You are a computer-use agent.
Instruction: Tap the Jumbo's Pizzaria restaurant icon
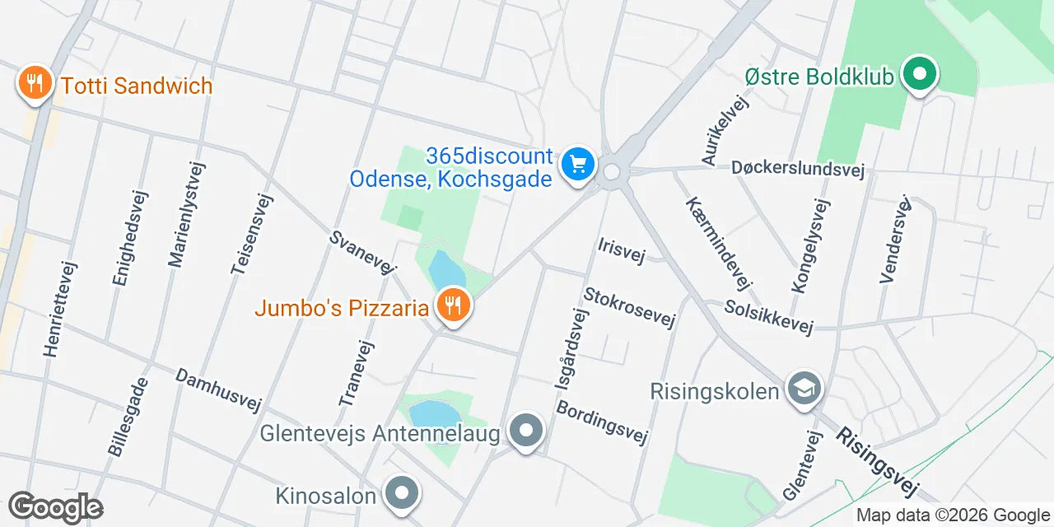tap(452, 306)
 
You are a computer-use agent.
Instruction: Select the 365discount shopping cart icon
tap(578, 164)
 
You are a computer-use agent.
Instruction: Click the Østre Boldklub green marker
tap(920, 76)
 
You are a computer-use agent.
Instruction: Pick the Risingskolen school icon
tap(802, 389)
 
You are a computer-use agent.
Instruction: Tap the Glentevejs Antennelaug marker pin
tap(525, 431)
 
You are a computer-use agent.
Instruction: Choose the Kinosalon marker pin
tap(402, 494)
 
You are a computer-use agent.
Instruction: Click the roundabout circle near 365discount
tap(611, 171)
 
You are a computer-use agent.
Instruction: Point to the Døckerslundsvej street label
tap(797, 169)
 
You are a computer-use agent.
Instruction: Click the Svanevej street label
tap(363, 251)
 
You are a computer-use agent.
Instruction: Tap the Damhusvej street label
tap(218, 389)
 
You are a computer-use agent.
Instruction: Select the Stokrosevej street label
tap(629, 308)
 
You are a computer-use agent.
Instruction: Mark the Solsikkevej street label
tap(768, 317)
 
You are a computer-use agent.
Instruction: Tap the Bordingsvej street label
tap(601, 422)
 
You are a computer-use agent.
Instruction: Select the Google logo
tap(55, 507)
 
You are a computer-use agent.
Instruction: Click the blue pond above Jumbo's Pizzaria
tap(446, 271)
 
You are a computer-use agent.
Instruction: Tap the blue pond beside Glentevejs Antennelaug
tap(434, 414)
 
